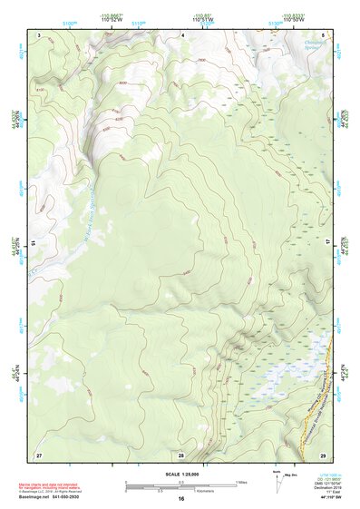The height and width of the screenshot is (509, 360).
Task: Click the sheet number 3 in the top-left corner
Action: coord(39,34)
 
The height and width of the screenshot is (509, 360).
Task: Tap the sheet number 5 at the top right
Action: coord(323,34)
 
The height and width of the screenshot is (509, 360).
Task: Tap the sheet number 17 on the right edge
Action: coord(328,243)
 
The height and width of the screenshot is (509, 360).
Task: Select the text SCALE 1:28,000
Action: coord(180,474)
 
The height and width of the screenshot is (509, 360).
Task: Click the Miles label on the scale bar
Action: coord(240,481)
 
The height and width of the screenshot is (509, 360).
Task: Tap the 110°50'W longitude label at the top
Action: coord(292,19)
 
